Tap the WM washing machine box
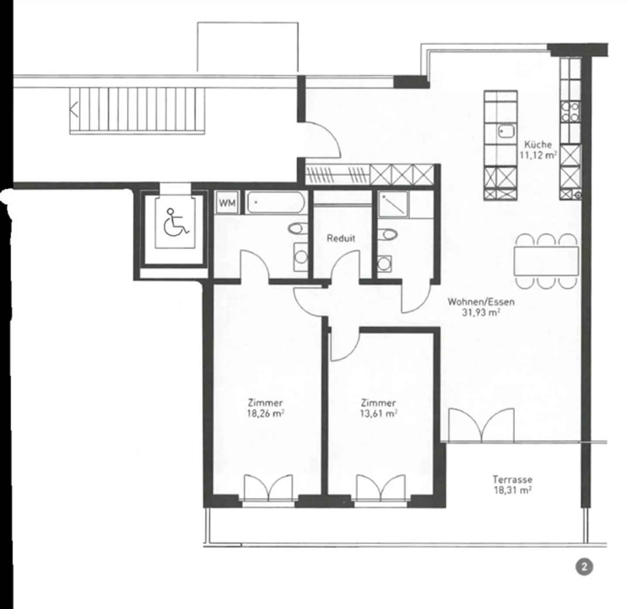point(227,203)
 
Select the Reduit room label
point(341,238)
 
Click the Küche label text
point(538,144)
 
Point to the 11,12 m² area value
point(538,155)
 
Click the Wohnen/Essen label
point(481,301)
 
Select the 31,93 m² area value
point(481,312)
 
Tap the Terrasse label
point(512,479)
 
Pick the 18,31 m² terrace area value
point(512,490)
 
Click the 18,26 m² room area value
point(266,414)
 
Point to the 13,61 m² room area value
point(378,414)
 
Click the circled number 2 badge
point(584,567)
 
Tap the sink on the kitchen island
point(506,130)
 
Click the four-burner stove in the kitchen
point(570,111)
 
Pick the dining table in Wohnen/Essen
point(546,261)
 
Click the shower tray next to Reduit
point(393,204)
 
